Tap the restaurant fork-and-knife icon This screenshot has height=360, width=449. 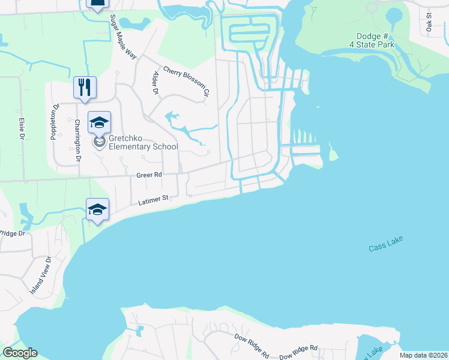[85, 87]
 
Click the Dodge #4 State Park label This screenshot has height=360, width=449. [373, 40]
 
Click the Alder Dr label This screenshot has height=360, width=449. [155, 83]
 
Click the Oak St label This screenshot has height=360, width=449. [429, 22]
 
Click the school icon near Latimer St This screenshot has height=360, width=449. [98, 209]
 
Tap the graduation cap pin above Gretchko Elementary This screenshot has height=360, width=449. [99, 123]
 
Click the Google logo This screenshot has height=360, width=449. [20, 353]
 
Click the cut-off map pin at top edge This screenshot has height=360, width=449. [97, 4]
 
